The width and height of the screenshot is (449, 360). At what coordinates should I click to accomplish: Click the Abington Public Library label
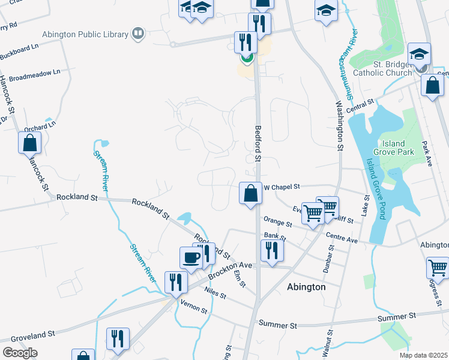click(85, 34)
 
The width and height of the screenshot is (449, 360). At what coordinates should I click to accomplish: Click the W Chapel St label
click(282, 187)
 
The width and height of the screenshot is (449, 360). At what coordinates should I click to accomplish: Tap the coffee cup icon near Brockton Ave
click(191, 257)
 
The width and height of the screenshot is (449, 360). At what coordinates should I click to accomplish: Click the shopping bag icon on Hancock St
click(30, 143)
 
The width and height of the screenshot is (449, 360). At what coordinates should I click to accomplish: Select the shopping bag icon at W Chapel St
click(251, 193)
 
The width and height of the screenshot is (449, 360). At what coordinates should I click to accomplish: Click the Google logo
click(20, 353)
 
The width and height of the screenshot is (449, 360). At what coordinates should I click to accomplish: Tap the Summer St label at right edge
click(397, 316)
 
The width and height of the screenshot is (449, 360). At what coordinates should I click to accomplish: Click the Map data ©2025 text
click(424, 355)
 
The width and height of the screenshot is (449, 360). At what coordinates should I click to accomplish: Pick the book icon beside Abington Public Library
click(138, 33)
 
